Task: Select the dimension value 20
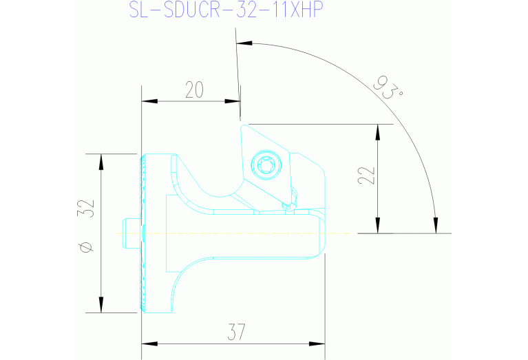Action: tap(194, 89)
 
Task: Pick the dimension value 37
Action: tap(233, 332)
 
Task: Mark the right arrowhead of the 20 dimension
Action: tap(233, 101)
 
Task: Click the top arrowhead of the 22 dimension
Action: tap(377, 131)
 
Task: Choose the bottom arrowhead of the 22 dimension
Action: tap(377, 226)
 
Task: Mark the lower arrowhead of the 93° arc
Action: tap(435, 226)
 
